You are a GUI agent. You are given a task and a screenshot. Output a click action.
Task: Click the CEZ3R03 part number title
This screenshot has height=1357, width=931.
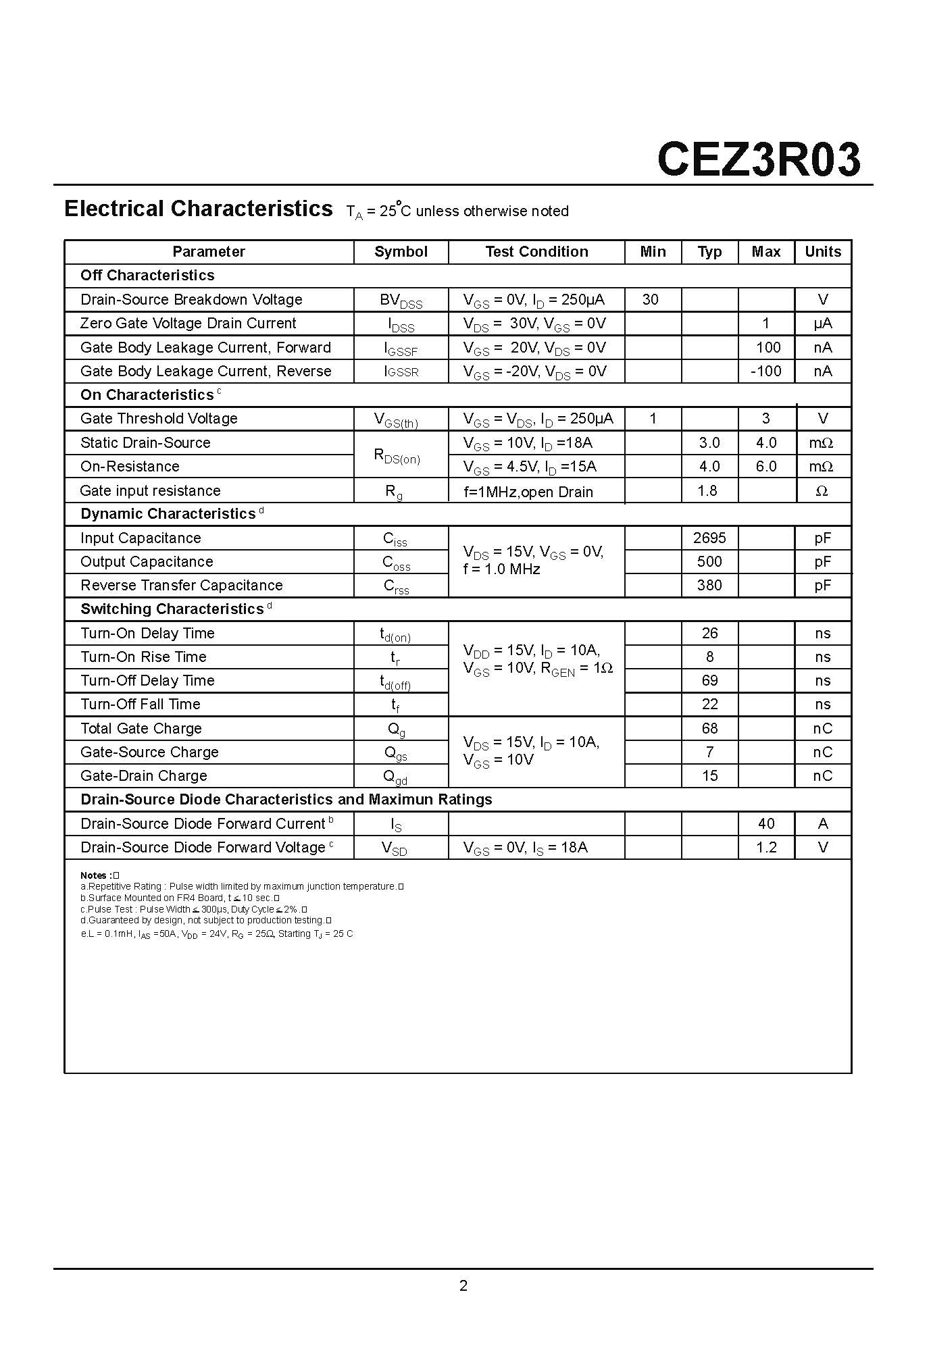click(758, 160)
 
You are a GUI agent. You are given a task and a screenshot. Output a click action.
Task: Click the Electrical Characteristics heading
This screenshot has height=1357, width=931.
click(198, 209)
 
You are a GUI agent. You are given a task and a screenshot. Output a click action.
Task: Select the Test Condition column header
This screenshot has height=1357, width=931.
click(536, 252)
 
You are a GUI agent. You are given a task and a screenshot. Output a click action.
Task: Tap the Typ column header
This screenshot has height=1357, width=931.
click(709, 252)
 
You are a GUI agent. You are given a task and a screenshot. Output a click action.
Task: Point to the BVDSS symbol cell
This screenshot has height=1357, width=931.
click(401, 301)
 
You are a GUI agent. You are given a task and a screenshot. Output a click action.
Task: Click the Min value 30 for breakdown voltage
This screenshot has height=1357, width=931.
click(650, 299)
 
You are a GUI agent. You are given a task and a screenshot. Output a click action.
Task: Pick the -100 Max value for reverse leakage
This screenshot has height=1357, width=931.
click(765, 371)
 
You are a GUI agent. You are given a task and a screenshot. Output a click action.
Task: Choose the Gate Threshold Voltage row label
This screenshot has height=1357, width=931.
click(159, 419)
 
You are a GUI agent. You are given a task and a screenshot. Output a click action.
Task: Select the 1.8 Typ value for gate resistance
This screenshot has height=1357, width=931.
click(707, 490)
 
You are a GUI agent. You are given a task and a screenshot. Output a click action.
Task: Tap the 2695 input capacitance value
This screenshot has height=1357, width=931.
click(709, 538)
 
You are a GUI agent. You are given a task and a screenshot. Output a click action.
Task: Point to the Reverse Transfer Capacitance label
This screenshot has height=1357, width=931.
click(181, 585)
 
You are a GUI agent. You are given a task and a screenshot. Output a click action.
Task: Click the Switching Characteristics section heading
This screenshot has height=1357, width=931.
click(172, 609)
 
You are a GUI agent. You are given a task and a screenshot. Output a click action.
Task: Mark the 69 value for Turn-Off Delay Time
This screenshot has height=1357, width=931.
click(709, 680)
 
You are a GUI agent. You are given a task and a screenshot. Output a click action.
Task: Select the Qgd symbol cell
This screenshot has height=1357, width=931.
click(395, 777)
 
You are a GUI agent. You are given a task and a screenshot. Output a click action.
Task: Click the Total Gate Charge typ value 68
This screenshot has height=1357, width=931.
click(709, 728)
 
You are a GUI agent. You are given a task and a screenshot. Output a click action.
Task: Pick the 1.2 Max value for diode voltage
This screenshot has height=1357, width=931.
click(766, 847)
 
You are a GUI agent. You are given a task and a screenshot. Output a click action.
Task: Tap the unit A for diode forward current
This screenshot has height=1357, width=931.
click(822, 823)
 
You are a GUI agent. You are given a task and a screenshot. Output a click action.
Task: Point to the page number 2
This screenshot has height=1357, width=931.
click(463, 1285)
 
